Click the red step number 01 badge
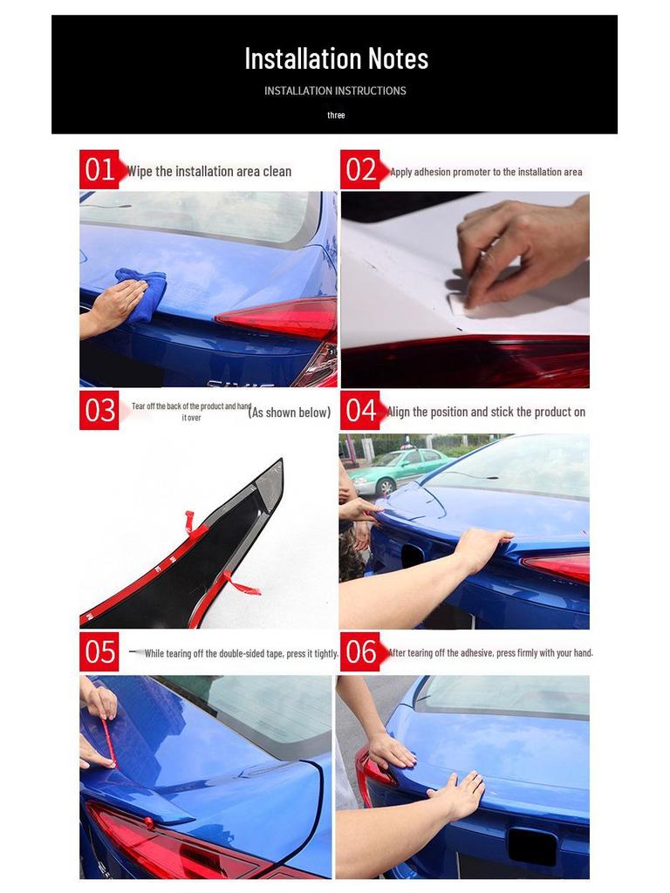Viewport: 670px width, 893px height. [x=100, y=169]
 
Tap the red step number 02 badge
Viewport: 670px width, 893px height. [x=361, y=169]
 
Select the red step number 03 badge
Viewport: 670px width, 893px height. [x=99, y=410]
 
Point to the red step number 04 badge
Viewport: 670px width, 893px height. [x=361, y=410]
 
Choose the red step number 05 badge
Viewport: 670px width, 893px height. [x=99, y=651]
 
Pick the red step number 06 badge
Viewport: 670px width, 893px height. [x=361, y=651]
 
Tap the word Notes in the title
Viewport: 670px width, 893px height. [x=398, y=58]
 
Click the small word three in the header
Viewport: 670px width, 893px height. [x=336, y=115]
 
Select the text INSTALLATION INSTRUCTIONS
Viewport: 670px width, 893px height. [x=335, y=91]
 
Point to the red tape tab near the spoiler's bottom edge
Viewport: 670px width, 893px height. [x=243, y=584]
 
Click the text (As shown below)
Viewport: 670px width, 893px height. [x=290, y=412]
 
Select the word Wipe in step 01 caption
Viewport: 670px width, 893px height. [x=140, y=172]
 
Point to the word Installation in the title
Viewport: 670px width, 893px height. [x=303, y=58]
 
